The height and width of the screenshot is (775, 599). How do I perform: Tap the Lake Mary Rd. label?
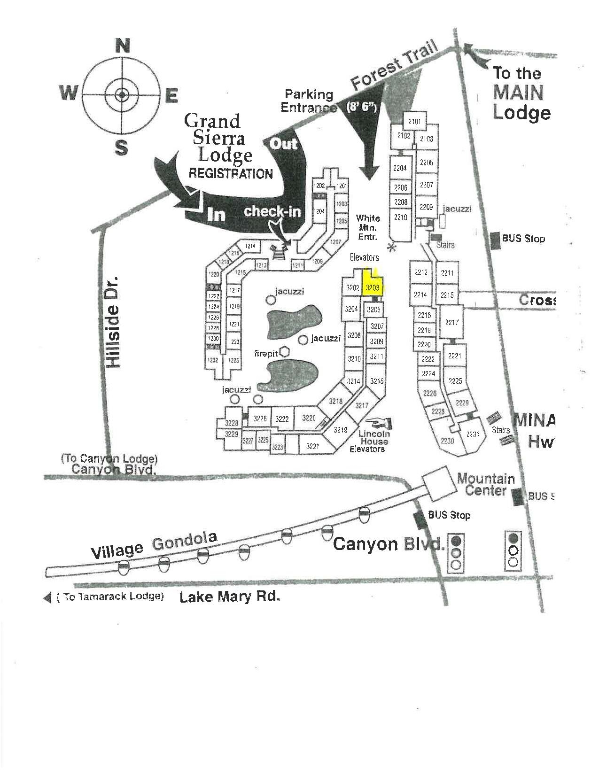230,597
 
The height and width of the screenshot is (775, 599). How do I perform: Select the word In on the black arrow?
216,214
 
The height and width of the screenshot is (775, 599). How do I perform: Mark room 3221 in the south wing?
312,446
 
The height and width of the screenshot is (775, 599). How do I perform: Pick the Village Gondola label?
154,545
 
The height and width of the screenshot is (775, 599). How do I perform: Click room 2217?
452,322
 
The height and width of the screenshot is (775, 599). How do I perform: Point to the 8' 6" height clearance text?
361,107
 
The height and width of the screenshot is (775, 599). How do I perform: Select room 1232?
213,360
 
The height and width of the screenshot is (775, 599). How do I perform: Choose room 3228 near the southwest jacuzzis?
232,423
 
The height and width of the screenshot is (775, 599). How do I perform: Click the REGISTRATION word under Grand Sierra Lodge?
230,173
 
